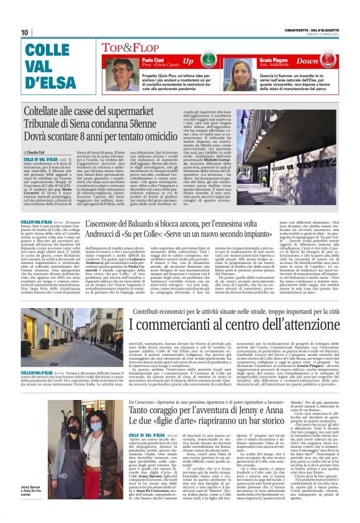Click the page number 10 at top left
coord(25,32)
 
